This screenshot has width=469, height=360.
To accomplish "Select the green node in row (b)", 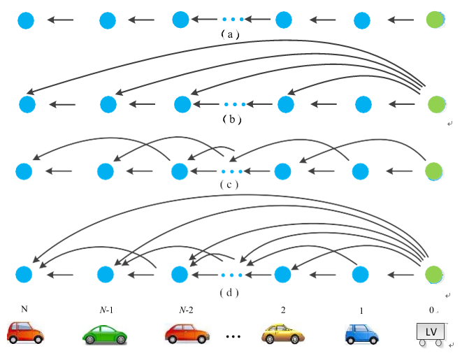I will coord(435,105).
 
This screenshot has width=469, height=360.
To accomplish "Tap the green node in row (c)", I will coord(434,171).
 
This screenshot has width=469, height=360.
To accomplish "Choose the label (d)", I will coord(229,292).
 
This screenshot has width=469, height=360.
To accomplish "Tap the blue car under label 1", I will coord(361,333).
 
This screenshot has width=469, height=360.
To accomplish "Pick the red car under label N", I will coord(25,332).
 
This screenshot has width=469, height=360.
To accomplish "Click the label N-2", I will coord(187,309).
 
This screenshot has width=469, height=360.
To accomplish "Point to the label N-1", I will coord(106,309).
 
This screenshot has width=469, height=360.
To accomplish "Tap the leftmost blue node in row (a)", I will coord(26,20).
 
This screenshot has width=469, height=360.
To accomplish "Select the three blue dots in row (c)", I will coord(231,171).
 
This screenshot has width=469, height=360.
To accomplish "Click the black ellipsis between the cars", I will coord(233,337).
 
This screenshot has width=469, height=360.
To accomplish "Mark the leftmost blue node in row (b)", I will coord(27,105).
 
